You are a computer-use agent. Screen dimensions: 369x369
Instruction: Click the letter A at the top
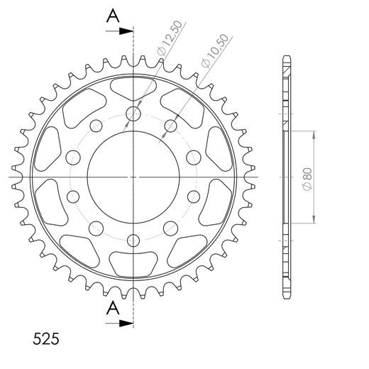click(113, 16)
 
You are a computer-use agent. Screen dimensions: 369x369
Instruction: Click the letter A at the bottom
click(113, 308)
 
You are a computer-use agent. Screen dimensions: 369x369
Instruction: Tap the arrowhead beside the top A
click(128, 31)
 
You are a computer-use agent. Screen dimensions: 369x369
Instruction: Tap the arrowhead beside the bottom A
click(128, 324)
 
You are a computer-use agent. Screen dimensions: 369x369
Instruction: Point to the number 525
click(45, 336)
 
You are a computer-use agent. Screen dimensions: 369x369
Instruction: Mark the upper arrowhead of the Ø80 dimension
click(313, 134)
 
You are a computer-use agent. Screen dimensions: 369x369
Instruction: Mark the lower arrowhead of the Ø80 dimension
click(313, 221)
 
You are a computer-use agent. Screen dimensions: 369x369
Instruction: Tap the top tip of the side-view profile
click(285, 57)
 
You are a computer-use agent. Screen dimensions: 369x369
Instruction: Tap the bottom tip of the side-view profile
click(285, 297)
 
